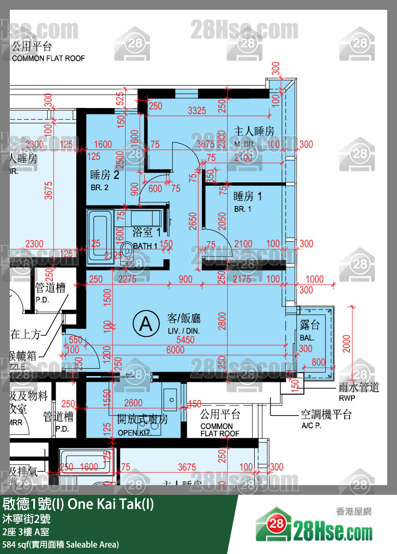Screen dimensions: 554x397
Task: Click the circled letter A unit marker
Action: pyautogui.click(x=146, y=323)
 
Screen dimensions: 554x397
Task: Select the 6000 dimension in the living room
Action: pyautogui.click(x=175, y=350)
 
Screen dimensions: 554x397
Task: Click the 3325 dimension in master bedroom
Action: pyautogui.click(x=197, y=111)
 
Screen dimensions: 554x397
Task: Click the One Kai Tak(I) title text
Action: pyautogui.click(x=79, y=504)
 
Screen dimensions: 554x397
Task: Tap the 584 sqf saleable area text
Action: pyautogui.click(x=61, y=544)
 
